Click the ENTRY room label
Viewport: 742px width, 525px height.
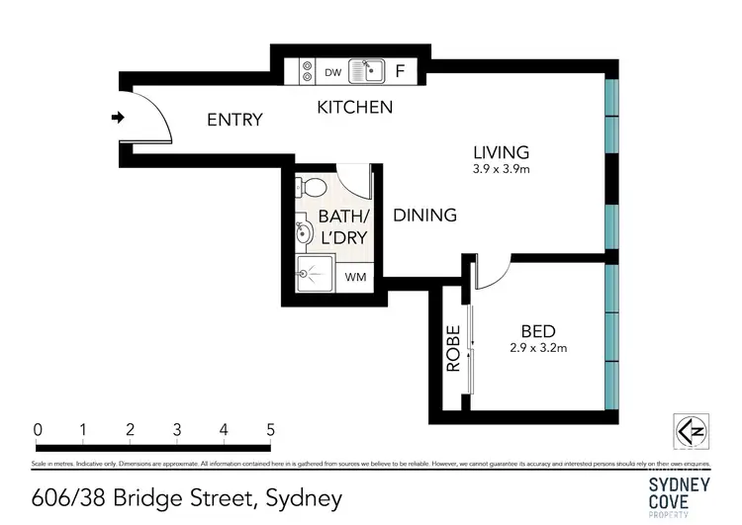pos(234,120)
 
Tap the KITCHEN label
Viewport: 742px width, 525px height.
pos(354,107)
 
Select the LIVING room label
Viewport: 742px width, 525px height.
pos(501,152)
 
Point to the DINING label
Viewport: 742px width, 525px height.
pos(424,215)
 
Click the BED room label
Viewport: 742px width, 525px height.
pos(538,331)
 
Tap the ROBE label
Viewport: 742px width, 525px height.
pos(453,348)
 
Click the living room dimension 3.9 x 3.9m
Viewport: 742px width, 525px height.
pos(501,169)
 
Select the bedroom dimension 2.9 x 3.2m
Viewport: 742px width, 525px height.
pos(538,347)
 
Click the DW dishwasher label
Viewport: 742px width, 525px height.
pos(332,72)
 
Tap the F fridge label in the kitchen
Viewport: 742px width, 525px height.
pos(401,71)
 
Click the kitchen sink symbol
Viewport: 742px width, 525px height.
pos(368,71)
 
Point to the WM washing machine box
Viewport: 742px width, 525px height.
pos(355,277)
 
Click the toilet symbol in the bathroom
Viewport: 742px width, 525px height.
pos(311,187)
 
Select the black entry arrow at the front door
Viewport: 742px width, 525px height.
pos(118,119)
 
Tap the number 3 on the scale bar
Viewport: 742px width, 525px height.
pos(177,430)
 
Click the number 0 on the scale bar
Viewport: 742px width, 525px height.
pos(37,430)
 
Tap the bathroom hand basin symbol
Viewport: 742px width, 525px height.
pos(305,233)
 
